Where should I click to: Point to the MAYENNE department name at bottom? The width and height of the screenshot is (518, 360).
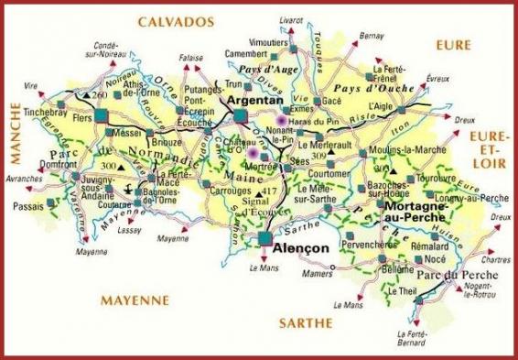136,300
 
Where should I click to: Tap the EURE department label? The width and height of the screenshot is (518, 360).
453,44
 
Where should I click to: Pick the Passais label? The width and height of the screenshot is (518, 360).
29,208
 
